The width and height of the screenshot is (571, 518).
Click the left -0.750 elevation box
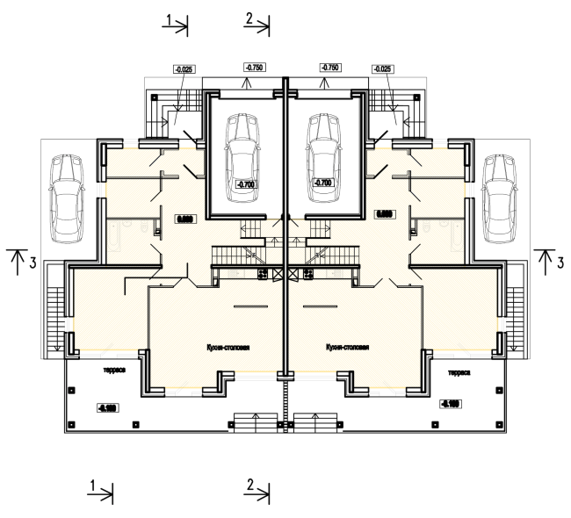(x=255, y=68)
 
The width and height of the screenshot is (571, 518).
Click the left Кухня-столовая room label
(x=227, y=347)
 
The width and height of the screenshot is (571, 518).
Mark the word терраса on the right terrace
(x=459, y=372)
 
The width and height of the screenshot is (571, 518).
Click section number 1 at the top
(x=169, y=18)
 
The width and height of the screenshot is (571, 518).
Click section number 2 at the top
(x=249, y=18)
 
